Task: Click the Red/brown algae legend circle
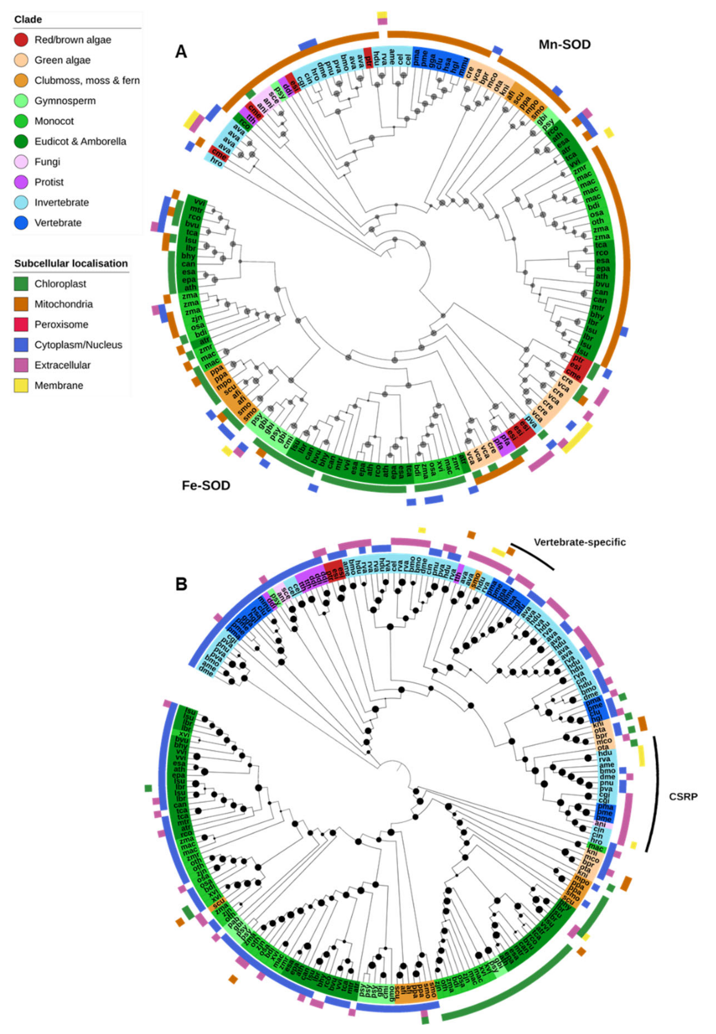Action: (x=21, y=40)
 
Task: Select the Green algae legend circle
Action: (x=21, y=60)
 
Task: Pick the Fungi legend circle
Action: (x=21, y=162)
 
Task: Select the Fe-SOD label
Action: (x=206, y=485)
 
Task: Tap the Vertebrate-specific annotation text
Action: (x=580, y=542)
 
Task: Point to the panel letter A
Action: (x=181, y=52)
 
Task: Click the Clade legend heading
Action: (x=28, y=19)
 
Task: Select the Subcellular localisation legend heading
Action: (x=71, y=263)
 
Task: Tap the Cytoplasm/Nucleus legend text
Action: (x=78, y=345)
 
